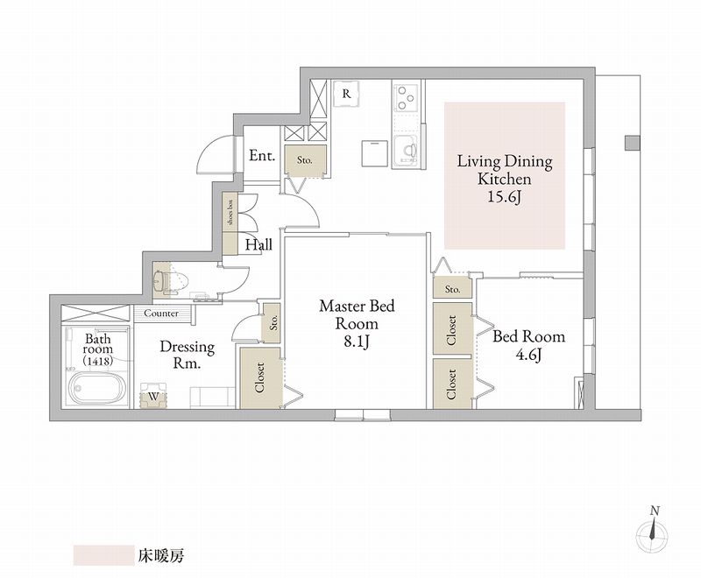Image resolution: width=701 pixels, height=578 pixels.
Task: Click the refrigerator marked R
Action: pos(346,95)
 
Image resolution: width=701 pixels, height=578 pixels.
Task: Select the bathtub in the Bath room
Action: pos(96,388)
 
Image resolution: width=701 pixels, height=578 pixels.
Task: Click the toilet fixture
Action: pos(171,281)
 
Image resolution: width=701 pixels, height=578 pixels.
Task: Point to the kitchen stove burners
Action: pos(406,97)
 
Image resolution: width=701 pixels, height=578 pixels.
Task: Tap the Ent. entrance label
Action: pos(262,156)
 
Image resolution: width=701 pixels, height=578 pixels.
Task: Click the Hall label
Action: pos(258,245)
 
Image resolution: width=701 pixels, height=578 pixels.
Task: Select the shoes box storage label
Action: pos(230,212)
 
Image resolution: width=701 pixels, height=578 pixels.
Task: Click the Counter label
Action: pos(161,314)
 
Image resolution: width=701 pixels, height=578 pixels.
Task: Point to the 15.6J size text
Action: pos(505,197)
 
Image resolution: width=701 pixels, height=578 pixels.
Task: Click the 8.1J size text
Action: pos(357,342)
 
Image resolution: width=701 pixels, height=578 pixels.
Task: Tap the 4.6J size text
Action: pos(529,355)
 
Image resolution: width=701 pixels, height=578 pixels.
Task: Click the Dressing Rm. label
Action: pos(188,355)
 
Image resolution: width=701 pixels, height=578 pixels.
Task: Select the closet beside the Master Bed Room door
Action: pos(261,377)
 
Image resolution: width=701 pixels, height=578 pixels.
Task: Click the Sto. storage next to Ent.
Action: pos(305,160)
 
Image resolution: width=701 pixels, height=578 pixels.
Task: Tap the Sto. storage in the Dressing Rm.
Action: pos(271,323)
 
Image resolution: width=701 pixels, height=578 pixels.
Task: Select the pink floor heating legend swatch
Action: pos(103,555)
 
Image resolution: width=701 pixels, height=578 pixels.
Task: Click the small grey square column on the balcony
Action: pos(632,143)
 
